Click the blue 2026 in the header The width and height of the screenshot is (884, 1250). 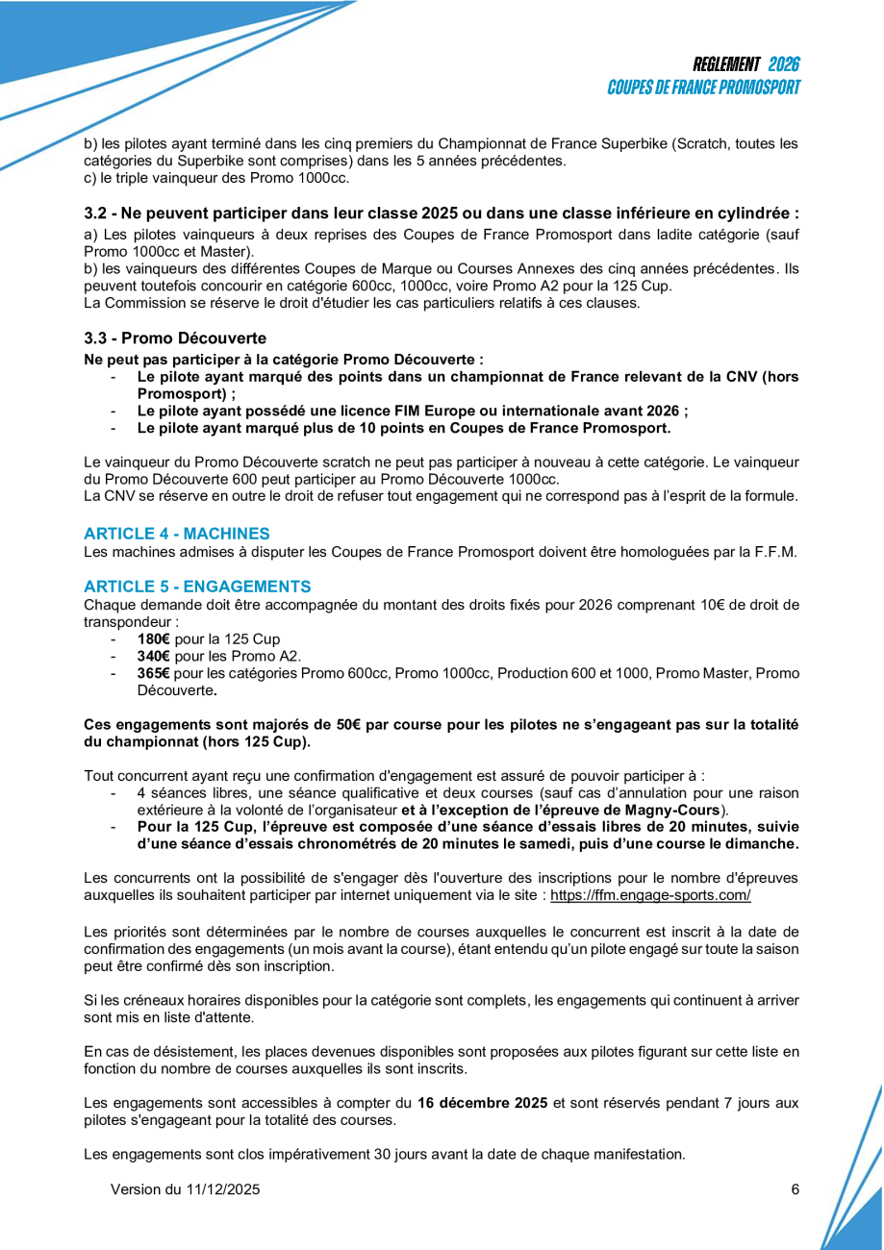(x=784, y=64)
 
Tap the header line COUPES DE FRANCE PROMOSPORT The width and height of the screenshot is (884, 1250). (x=704, y=87)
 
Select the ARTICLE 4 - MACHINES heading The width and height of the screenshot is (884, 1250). (x=177, y=534)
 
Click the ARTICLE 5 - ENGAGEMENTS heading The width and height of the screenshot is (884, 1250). (x=197, y=587)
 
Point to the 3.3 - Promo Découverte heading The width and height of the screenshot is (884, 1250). (x=175, y=338)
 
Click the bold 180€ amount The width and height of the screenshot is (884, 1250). (x=154, y=639)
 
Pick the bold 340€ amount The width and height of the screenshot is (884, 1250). (x=154, y=657)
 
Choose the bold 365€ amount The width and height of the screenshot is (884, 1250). (x=154, y=674)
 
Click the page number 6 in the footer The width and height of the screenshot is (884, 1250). (x=796, y=1189)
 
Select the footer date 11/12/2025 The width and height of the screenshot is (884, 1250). (x=222, y=1189)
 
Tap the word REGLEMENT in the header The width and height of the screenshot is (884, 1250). (x=726, y=64)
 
